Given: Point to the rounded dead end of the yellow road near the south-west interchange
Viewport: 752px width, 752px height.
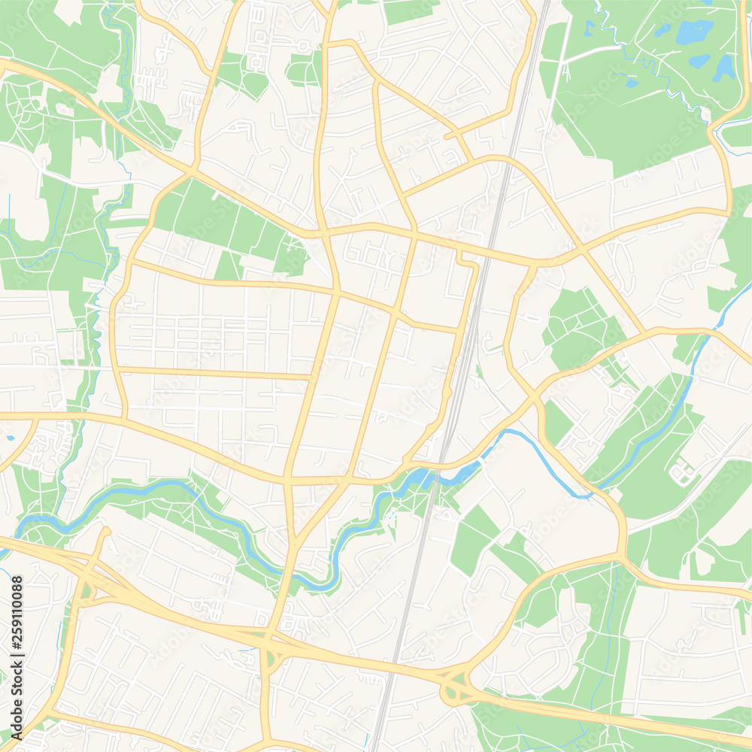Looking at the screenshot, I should (105, 532).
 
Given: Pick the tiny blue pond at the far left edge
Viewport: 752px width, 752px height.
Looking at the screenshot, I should (11, 437).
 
